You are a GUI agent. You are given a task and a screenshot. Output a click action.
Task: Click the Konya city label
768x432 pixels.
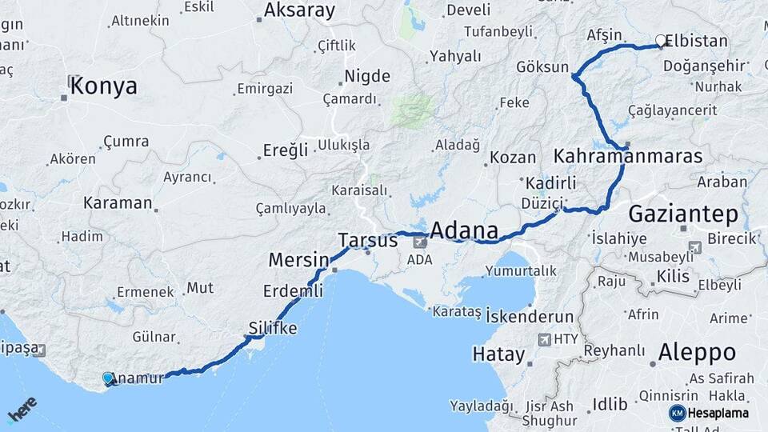[103, 86]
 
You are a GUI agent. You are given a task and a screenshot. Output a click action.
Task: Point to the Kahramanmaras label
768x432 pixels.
[627, 155]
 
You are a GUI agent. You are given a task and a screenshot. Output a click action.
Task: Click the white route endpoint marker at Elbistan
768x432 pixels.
[661, 40]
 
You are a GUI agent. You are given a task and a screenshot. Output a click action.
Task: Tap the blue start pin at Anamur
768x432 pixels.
[108, 378]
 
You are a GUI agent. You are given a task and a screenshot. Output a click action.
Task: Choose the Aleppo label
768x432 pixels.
[696, 352]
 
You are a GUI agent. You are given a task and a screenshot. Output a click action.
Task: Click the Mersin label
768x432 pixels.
[298, 260]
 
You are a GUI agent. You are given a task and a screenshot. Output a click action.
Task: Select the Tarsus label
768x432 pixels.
[368, 240]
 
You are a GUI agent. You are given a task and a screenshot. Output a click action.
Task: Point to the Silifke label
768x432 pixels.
[273, 329]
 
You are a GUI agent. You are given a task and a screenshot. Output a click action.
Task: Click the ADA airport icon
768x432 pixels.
[420, 241]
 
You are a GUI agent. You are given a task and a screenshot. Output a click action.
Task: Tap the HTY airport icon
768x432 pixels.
[545, 339]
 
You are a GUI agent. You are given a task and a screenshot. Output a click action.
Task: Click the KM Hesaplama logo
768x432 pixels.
[709, 413]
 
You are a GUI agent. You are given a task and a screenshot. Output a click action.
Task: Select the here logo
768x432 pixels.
[22, 410]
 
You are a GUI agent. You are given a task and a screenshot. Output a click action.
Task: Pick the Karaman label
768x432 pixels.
[118, 202]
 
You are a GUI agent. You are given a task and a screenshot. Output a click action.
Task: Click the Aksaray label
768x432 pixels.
[298, 10]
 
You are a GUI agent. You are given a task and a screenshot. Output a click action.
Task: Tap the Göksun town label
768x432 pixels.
[542, 67]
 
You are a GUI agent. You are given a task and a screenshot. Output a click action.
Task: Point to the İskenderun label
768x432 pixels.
[530, 316]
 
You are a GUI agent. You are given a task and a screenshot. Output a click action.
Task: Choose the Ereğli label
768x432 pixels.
[286, 150]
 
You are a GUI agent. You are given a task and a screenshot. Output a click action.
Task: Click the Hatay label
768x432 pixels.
[498, 354]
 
